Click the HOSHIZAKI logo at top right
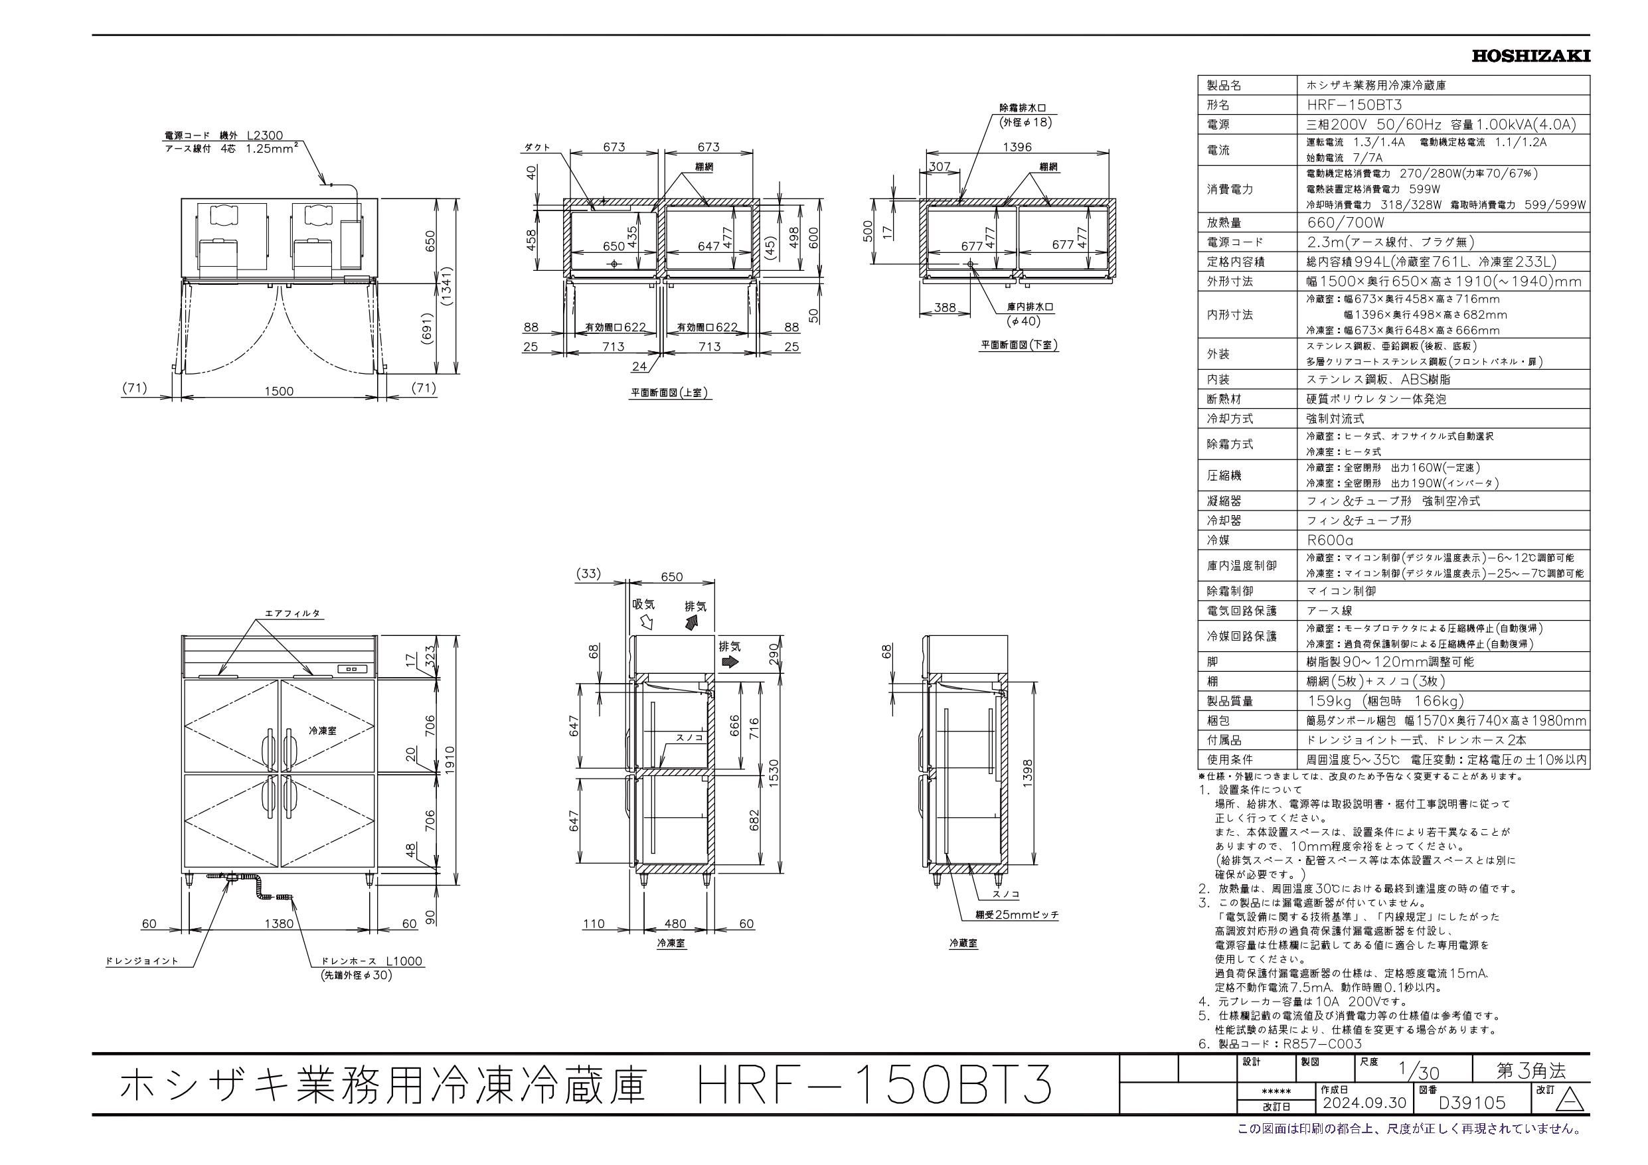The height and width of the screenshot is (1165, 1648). pyautogui.click(x=1530, y=56)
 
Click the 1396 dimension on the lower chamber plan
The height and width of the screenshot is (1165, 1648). pyautogui.click(x=1017, y=147)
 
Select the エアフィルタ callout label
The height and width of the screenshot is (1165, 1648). pyautogui.click(x=292, y=614)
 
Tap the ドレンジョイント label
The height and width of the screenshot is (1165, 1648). pyautogui.click(x=141, y=961)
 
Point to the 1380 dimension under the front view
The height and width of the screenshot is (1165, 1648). pyautogui.click(x=278, y=924)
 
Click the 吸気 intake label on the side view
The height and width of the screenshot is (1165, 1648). pyautogui.click(x=643, y=605)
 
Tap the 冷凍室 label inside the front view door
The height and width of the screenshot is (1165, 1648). pyautogui.click(x=322, y=730)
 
